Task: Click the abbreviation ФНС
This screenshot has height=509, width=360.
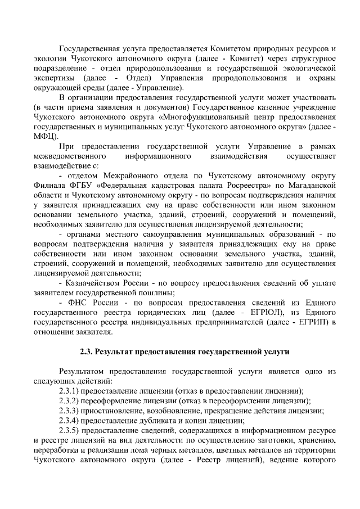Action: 78,303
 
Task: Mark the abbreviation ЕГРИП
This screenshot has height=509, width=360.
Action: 314,322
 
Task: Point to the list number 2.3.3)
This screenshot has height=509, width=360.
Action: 70,411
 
